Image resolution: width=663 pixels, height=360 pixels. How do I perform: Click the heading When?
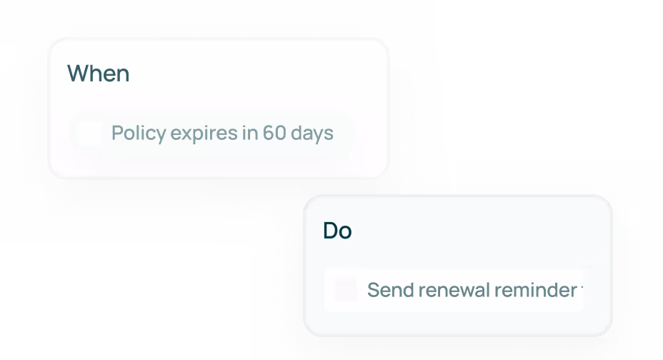pos(98,73)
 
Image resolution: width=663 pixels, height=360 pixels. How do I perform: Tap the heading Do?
pos(337,231)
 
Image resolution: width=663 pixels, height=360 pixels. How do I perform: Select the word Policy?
pos(134,133)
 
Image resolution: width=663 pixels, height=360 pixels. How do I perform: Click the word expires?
pos(191,134)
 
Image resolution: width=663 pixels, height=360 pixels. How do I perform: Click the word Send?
pos(389,290)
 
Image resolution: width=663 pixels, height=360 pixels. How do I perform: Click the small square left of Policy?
pos(89,133)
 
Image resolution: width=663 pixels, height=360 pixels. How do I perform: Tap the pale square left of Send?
pos(345,290)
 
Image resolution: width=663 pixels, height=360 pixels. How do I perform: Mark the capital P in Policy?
pos(116,133)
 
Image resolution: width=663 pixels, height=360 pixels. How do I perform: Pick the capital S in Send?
pos(372,290)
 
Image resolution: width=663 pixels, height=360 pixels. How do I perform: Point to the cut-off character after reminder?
pos(582,290)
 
